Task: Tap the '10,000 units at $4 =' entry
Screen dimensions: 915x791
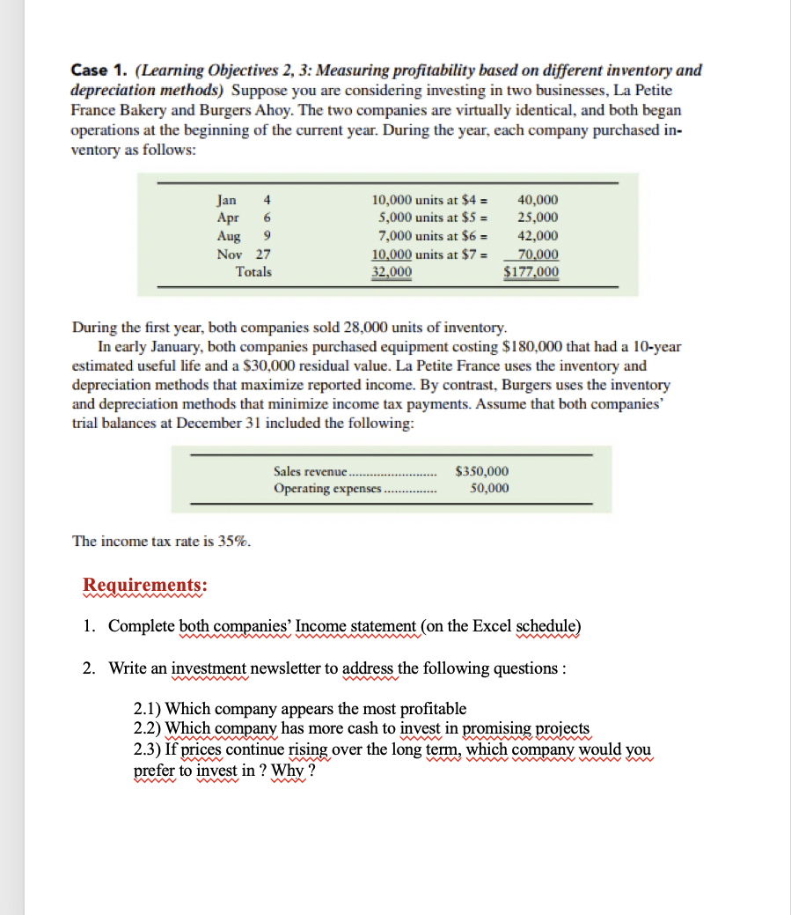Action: tap(431, 200)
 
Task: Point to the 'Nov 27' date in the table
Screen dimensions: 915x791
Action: tap(244, 254)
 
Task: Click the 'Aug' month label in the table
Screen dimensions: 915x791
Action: tap(228, 236)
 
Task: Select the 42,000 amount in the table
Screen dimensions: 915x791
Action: tap(537, 236)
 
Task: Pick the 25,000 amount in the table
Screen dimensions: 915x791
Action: tap(537, 218)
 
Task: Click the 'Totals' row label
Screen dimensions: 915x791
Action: tap(253, 271)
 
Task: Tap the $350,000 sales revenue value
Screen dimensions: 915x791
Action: tap(481, 471)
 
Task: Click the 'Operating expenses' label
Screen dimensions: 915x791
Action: tap(327, 488)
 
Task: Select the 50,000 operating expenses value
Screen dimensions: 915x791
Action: tap(488, 488)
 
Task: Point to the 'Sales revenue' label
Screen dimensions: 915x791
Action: tap(311, 471)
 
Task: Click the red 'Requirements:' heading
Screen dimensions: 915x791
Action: tap(145, 586)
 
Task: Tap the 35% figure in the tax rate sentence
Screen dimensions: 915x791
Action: tap(232, 542)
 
